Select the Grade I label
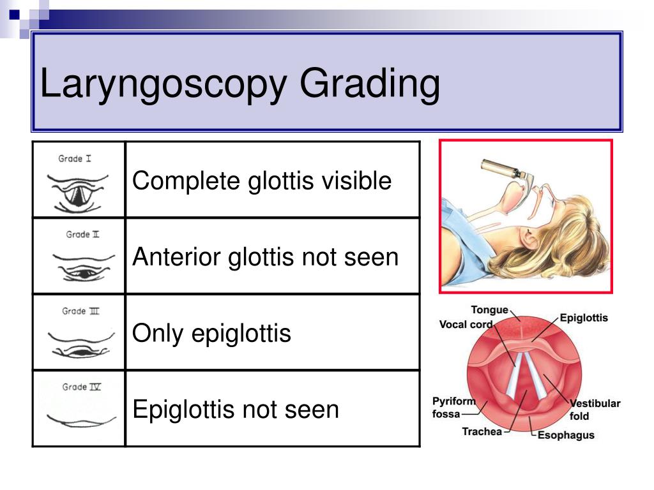coord(75,158)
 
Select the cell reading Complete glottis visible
coord(261,181)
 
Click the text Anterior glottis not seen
coord(265,257)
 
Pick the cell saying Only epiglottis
coord(211,333)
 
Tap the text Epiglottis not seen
coord(235,409)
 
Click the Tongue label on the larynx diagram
coord(489,310)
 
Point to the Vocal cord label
coord(466,324)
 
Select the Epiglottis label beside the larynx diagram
coord(584,318)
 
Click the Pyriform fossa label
coord(454,407)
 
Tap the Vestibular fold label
coord(595,410)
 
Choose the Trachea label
coord(482,431)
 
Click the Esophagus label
coord(565,435)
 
